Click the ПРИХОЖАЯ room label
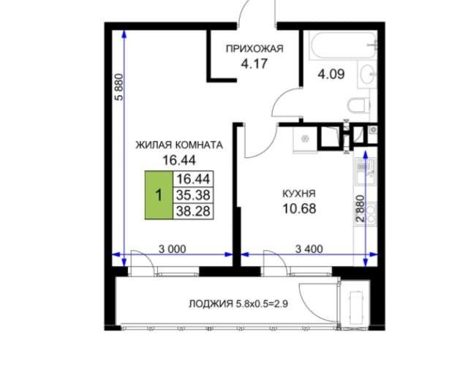click(x=254, y=49)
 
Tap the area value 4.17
click(x=254, y=64)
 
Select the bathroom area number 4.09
click(x=331, y=74)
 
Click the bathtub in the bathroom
click(x=343, y=45)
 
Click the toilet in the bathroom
click(x=359, y=105)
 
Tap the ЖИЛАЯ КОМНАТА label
click(x=179, y=145)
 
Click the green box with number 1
click(x=159, y=195)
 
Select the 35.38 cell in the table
click(x=193, y=195)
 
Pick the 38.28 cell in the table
click(x=193, y=211)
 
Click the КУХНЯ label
click(x=299, y=193)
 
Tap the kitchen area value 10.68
click(x=299, y=208)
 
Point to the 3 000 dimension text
click(x=173, y=249)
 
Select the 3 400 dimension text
click(x=309, y=249)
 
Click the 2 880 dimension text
click(x=361, y=208)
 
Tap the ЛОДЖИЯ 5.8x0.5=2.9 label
click(x=238, y=304)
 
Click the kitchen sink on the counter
click(x=365, y=171)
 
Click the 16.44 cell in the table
click(x=193, y=179)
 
